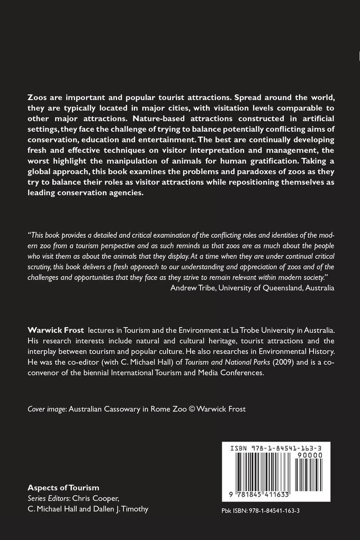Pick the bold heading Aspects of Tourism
tap(63, 488)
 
